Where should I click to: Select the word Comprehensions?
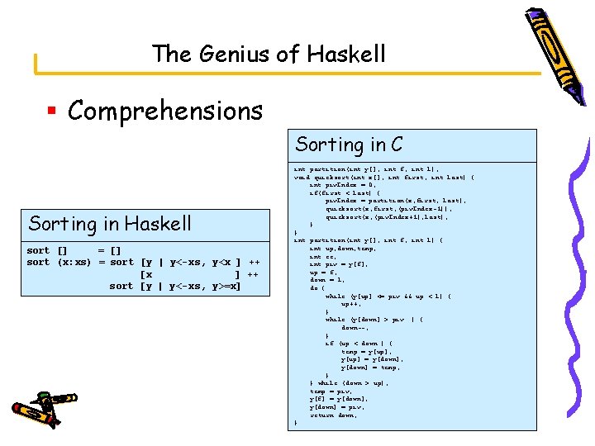pyautogui.click(x=165, y=111)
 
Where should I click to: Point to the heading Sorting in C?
pyautogui.click(x=349, y=145)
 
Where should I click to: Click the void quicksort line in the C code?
pyautogui.click(x=383, y=177)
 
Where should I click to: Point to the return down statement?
pyautogui.click(x=334, y=415)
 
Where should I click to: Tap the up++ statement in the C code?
pyautogui.click(x=350, y=303)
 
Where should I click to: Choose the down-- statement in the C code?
pyautogui.click(x=355, y=327)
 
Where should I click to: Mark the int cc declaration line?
pyautogui.click(x=322, y=256)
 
